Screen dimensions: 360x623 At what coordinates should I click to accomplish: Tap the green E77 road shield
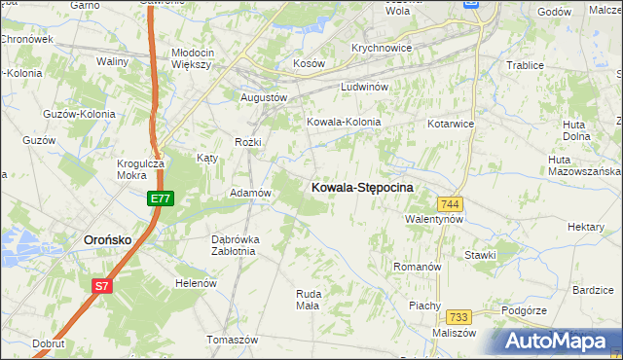(161, 198)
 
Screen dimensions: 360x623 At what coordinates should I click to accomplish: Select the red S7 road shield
(102, 286)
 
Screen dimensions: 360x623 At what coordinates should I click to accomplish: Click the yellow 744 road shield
(449, 203)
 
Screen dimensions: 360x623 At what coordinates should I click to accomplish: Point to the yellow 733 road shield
(459, 317)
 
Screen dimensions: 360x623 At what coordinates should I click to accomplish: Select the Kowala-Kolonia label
(343, 123)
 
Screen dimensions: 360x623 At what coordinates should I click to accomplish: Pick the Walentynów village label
(434, 220)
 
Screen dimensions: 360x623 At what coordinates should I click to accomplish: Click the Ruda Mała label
(308, 299)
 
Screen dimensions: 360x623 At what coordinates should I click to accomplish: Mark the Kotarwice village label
(450, 125)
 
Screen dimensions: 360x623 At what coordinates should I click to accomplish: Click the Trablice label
(524, 65)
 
